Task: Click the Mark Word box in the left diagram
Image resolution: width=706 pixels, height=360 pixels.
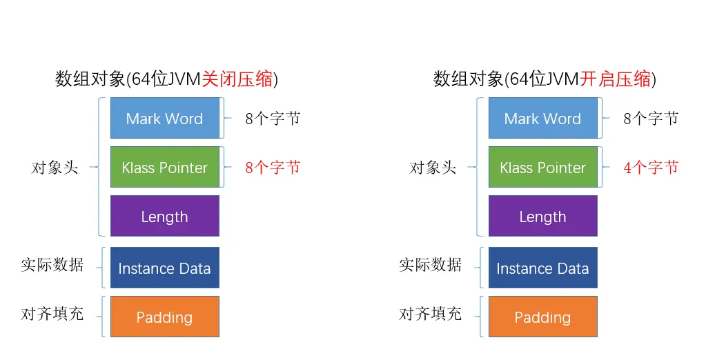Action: (164, 119)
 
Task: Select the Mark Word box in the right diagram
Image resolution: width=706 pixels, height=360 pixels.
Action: (542, 119)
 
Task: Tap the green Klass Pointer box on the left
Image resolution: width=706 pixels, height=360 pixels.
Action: (164, 168)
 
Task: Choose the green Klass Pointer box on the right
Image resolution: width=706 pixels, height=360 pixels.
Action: (542, 168)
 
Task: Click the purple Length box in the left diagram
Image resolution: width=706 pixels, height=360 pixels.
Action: (164, 217)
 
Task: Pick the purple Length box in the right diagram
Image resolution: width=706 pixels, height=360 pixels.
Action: (542, 217)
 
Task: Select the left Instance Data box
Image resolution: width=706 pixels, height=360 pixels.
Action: (164, 268)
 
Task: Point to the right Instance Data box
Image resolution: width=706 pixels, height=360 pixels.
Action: (542, 268)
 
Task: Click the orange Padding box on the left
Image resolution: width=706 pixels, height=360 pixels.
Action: (164, 317)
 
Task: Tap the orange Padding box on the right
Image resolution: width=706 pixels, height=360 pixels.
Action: (542, 317)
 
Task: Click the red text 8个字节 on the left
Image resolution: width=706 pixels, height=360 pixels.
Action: (273, 168)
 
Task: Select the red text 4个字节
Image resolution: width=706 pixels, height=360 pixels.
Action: (651, 168)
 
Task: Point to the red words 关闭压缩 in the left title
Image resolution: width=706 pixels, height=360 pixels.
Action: (237, 79)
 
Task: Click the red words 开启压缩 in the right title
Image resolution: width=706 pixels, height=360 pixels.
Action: (615, 79)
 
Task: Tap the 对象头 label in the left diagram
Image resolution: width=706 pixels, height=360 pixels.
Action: (55, 168)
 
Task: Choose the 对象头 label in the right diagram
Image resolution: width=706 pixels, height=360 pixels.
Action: (433, 168)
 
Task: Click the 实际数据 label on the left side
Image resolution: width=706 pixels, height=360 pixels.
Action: (52, 265)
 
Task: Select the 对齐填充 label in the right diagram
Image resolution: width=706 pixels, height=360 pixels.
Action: (431, 314)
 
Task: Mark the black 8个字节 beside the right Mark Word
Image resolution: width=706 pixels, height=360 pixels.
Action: (651, 119)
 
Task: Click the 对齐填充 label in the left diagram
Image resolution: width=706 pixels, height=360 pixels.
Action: (52, 314)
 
